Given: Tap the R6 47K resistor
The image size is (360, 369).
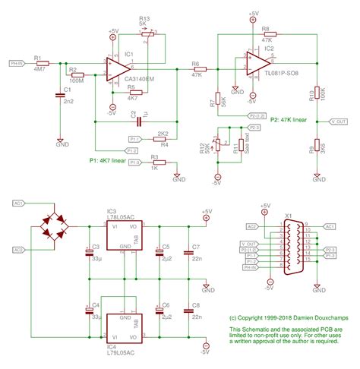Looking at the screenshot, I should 196,69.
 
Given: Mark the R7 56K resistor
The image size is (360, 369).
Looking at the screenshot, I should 219,99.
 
